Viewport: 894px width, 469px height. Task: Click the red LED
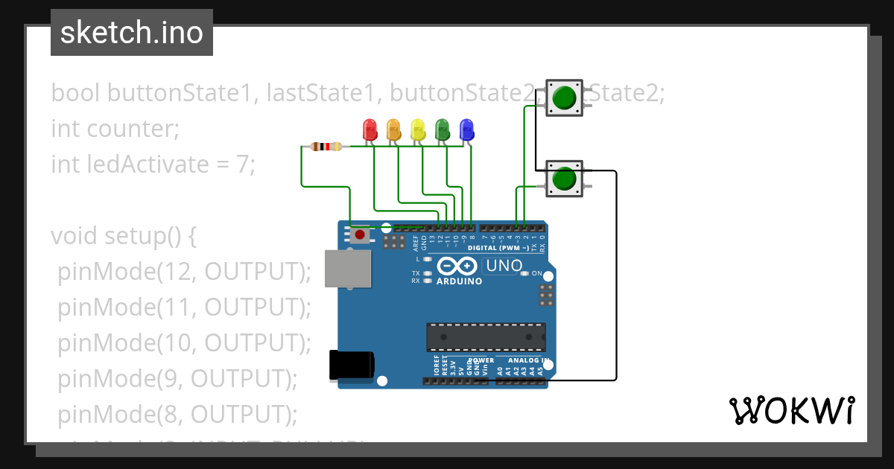click(x=370, y=130)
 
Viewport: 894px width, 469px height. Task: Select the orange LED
click(x=393, y=130)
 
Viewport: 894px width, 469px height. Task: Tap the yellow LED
click(x=418, y=130)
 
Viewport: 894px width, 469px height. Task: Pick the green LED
click(x=442, y=130)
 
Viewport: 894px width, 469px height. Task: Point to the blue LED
click(x=466, y=130)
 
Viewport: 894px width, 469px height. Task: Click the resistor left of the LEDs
click(x=326, y=147)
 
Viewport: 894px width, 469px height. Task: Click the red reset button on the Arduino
click(x=361, y=235)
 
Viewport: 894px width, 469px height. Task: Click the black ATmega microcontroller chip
click(x=485, y=337)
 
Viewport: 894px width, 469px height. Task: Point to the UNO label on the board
click(x=504, y=266)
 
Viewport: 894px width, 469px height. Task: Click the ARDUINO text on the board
click(x=459, y=281)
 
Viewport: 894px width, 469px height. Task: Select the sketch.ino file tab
click(x=132, y=33)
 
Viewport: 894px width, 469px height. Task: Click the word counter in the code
click(x=130, y=129)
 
